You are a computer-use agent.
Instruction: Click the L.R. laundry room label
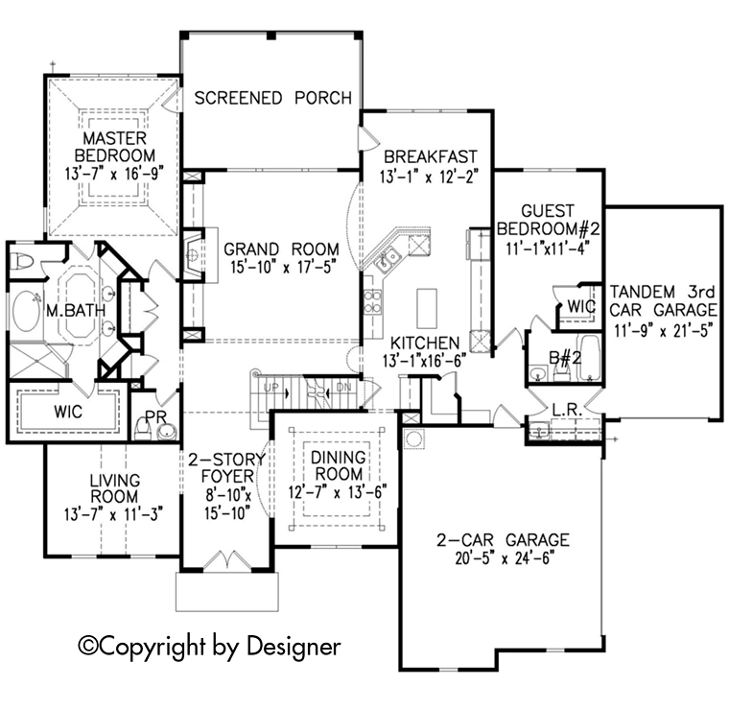(x=565, y=411)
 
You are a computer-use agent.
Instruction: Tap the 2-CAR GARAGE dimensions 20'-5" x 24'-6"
(x=499, y=556)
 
